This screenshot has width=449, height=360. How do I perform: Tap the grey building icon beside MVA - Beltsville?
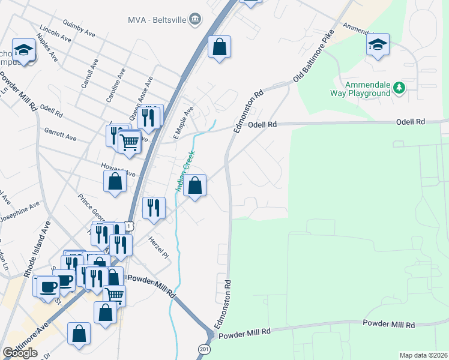tap(194, 20)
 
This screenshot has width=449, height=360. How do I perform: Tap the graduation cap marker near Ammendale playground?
tap(378, 45)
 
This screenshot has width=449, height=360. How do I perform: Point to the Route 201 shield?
tap(204, 349)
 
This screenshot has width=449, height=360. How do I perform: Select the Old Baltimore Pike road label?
tap(313, 58)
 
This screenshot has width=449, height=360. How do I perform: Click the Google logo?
tap(20, 353)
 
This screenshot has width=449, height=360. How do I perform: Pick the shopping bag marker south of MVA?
tap(220, 47)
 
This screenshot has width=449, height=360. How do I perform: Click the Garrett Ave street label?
tap(60, 133)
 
